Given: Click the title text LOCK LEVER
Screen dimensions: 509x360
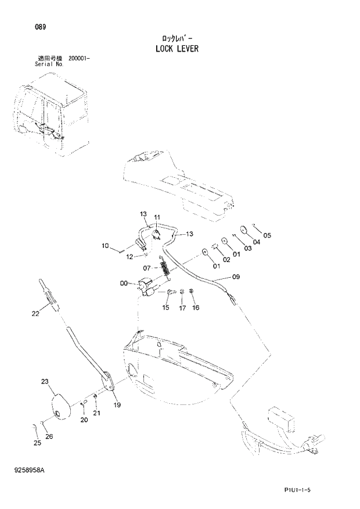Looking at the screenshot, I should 177,49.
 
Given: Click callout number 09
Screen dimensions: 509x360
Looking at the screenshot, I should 236,277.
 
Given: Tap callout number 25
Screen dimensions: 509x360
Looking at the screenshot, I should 37,443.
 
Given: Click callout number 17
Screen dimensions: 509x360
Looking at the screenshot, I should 182,308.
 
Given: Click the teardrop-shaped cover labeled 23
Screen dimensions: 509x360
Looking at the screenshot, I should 59,404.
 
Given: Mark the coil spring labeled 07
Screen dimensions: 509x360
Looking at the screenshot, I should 164,269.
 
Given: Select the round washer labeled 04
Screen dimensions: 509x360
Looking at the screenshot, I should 243,230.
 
